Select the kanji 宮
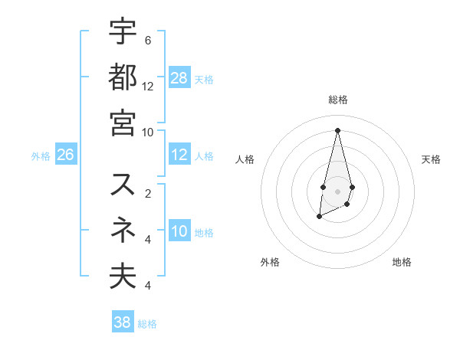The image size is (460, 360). point(123,123)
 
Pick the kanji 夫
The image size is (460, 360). point(123,276)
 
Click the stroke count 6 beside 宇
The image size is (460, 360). point(148,40)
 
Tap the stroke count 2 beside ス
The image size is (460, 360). point(148,193)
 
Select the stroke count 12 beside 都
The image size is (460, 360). point(148,86)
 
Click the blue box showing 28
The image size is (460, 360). point(179,78)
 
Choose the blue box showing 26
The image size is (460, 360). point(66,155)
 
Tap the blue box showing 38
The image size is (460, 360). point(123,322)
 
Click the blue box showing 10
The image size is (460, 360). point(179,231)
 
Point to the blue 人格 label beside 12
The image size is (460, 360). point(204,155)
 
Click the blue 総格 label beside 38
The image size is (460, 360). point(147,323)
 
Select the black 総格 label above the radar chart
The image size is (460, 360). point(338,100)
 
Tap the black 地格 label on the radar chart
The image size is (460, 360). point(402,262)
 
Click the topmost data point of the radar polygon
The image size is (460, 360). point(337,130)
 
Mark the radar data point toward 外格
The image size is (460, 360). point(319,217)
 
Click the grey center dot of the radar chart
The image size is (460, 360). point(337,190)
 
